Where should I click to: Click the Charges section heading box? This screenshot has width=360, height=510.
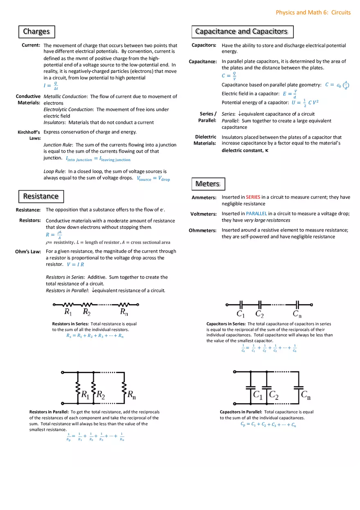coord(36,31)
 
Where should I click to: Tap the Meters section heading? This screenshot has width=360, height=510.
coord(207,184)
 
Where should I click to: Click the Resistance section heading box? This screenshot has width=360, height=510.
coord(41,196)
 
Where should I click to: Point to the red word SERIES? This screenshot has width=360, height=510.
coord(253,197)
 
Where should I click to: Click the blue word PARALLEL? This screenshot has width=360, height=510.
coord(256,213)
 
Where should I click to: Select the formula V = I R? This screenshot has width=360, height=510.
coord(75,265)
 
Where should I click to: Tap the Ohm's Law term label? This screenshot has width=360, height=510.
coord(28,252)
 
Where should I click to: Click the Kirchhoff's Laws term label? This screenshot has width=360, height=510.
coord(29,135)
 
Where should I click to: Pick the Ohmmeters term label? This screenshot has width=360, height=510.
coord(202,230)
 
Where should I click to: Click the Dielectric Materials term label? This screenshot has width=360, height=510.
coord(205,140)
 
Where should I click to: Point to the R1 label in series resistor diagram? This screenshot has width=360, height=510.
coord(68,312)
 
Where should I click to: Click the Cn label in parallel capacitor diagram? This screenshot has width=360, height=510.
coord(306,395)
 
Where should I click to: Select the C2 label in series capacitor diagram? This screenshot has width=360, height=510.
coord(259,314)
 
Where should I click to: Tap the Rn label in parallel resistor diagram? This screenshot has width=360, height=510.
coord(132,395)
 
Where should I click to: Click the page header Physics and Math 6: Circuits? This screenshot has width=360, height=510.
coord(313,12)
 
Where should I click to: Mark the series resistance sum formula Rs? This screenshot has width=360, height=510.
coord(95,336)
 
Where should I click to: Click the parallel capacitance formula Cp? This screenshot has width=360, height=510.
coord(268,425)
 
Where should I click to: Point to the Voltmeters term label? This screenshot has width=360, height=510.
coord(203,214)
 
